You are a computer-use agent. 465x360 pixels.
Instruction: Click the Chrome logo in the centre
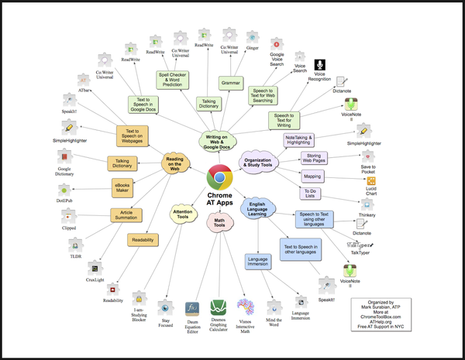coord(219,178)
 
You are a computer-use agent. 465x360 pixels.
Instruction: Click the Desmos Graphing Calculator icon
coord(218,306)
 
